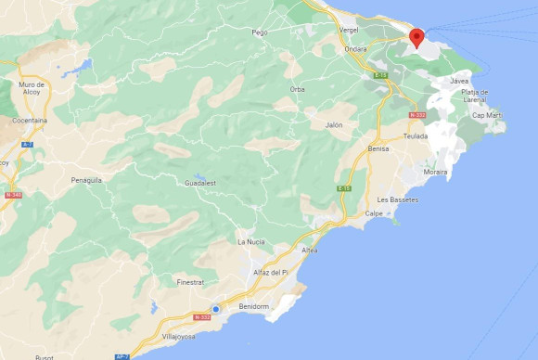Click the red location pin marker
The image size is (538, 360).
click(417, 37)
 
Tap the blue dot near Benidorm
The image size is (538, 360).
click(215, 309)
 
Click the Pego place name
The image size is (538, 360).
click(260, 32)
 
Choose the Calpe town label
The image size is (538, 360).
click(373, 213)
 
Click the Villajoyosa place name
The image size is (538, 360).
click(178, 337)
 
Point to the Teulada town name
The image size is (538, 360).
click(416, 136)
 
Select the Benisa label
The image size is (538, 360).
click(378, 148)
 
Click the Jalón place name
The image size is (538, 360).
click(334, 124)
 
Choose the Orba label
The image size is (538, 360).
click(297, 89)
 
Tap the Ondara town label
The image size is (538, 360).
click(355, 50)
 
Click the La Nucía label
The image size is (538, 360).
click(250, 241)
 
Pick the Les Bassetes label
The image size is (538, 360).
click(398, 199)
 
